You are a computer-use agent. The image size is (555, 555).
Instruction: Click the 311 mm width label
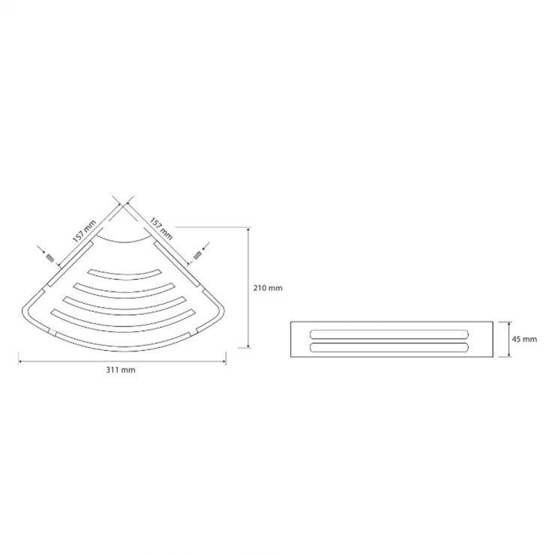click(121, 370)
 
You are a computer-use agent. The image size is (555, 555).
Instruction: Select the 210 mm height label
click(268, 288)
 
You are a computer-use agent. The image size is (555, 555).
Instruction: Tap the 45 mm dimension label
click(524, 339)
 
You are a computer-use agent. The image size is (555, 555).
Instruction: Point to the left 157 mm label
click(84, 231)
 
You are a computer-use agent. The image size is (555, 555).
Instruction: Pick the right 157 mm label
click(161, 228)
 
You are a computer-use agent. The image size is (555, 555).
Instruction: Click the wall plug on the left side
click(50, 258)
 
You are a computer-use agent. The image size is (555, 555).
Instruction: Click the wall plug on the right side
click(197, 256)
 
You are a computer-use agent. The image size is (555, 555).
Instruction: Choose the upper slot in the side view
click(389, 334)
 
